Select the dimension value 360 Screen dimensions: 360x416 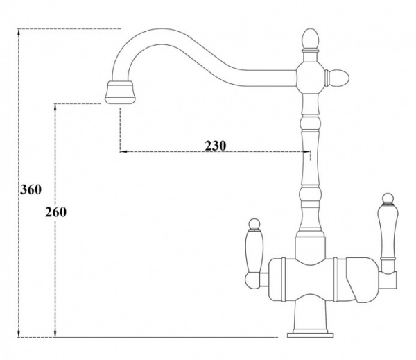[32, 189]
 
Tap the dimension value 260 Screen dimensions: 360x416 [55, 212]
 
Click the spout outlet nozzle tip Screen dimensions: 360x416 [120, 92]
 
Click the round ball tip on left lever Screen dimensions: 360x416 [254, 223]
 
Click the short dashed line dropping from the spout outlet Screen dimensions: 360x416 [120, 128]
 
